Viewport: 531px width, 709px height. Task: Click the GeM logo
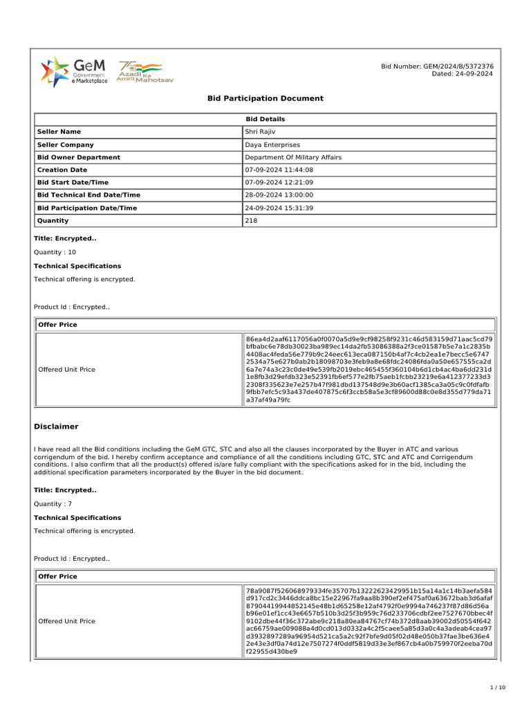[73, 71]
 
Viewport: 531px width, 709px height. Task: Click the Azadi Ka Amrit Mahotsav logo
[145, 71]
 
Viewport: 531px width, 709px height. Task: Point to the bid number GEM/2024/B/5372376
[437, 66]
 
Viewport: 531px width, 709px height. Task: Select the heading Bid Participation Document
[265, 98]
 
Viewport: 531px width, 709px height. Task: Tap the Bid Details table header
[265, 119]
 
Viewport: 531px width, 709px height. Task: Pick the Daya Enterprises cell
[272, 145]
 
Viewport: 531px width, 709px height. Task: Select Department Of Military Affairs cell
[293, 157]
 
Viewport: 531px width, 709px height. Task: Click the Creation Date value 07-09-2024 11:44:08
[279, 170]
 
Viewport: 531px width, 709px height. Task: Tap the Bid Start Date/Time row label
[73, 182]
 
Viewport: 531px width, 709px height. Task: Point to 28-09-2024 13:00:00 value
[279, 195]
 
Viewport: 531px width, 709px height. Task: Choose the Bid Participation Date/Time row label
[87, 208]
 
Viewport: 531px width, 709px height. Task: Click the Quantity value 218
[251, 221]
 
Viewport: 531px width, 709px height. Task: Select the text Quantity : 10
[55, 253]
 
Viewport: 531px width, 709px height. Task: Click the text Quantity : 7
[53, 504]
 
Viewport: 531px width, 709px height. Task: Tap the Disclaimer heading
[56, 427]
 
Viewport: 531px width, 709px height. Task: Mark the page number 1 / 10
[498, 688]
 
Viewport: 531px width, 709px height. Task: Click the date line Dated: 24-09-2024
[462, 73]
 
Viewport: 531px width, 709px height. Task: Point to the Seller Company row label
[65, 145]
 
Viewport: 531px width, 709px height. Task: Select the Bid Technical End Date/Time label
[88, 195]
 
